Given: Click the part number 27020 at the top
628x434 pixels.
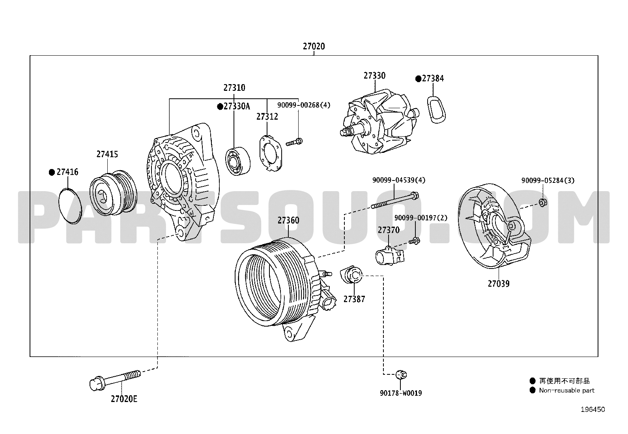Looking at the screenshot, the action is [x=314, y=46].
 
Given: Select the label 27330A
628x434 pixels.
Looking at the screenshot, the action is [x=237, y=106].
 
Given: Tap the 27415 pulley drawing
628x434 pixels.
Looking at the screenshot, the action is [x=113, y=193].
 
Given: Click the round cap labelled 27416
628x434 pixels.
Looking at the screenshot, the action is [x=70, y=206].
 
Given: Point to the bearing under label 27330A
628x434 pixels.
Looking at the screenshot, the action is [x=238, y=161].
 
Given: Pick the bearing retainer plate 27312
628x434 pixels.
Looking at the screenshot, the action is [x=270, y=153].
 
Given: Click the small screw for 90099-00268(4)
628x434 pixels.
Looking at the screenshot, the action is [x=294, y=142].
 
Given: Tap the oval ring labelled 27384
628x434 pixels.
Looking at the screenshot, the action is [x=437, y=109].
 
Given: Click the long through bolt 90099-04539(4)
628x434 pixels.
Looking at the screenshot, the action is [x=395, y=201].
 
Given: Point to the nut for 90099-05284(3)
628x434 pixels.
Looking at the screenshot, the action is [x=543, y=202].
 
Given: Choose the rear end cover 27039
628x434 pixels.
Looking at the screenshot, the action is [x=495, y=226].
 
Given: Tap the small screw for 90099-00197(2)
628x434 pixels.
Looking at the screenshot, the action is [x=414, y=240].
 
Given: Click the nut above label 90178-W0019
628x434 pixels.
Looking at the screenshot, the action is [x=401, y=374].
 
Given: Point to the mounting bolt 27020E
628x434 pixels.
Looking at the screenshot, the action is [x=115, y=380].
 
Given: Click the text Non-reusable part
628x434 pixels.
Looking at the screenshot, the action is [x=566, y=390].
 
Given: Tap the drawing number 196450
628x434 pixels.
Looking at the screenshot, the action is [x=592, y=409].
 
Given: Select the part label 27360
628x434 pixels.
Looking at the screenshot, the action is [x=288, y=220].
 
